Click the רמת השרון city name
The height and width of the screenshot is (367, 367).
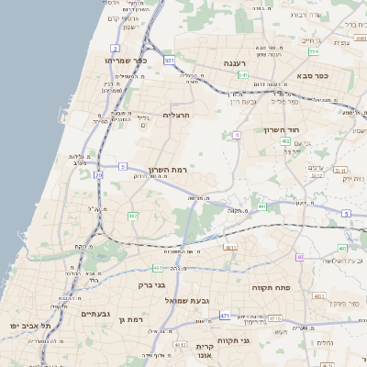167,171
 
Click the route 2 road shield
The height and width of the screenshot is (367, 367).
116,47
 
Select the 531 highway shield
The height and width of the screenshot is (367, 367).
169,61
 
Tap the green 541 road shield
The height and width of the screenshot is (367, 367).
243,75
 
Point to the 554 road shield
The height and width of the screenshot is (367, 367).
314,51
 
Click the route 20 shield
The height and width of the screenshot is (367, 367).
97,173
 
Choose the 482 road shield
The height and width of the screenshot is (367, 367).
133,217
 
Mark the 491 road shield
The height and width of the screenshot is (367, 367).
262,207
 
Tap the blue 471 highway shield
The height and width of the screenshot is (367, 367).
225,317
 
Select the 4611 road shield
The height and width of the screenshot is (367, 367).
230,246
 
